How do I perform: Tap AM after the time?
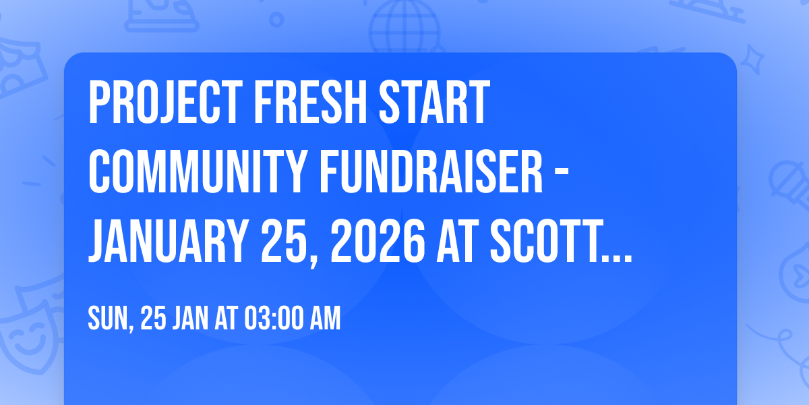326,319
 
